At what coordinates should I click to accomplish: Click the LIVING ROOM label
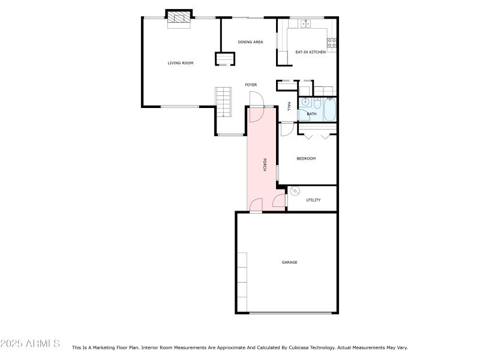click(x=181, y=63)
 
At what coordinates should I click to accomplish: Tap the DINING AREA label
click(x=250, y=42)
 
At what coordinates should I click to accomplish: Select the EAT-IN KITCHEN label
click(x=310, y=52)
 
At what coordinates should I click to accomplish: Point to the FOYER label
click(x=251, y=85)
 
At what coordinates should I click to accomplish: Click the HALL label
click(x=289, y=106)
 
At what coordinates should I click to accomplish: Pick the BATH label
click(x=311, y=114)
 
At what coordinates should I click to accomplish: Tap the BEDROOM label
click(x=306, y=158)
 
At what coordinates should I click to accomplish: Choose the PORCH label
click(x=265, y=164)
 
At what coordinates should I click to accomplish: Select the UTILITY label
click(x=313, y=200)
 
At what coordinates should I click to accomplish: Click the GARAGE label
click(x=289, y=262)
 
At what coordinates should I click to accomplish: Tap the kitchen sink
click(x=305, y=23)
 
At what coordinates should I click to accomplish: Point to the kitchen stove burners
click(x=332, y=43)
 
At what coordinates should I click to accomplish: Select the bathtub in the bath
click(x=329, y=109)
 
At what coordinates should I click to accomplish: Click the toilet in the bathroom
click(x=317, y=103)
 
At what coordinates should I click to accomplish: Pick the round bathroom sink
click(x=305, y=102)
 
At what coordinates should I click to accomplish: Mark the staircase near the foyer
click(x=223, y=102)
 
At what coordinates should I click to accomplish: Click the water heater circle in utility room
click(x=295, y=191)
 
